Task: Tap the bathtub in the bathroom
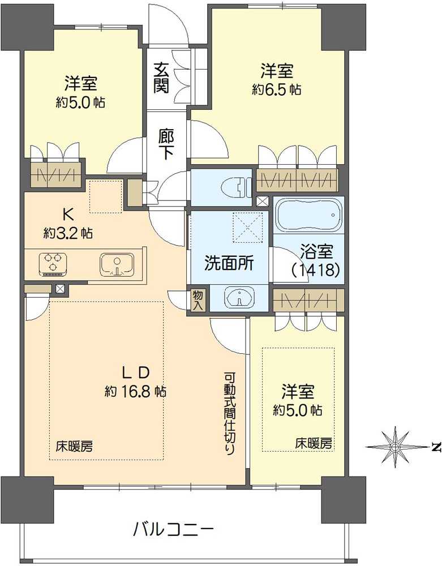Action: [310, 215]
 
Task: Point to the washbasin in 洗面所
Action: [238, 298]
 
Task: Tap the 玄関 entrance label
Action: [161, 77]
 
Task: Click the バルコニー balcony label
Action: [173, 530]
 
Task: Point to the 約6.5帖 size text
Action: [277, 89]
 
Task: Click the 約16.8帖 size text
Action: [136, 391]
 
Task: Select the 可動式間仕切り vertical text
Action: [230, 413]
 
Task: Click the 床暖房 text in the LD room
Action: [74, 445]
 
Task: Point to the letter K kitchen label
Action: [67, 214]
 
